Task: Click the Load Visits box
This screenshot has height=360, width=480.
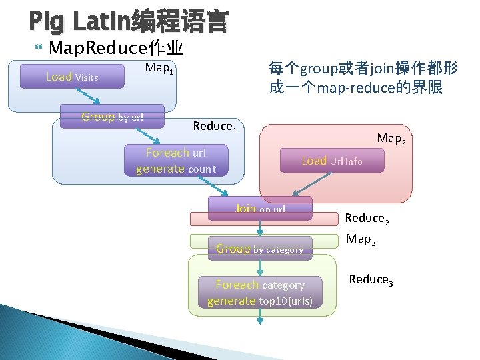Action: click(72, 77)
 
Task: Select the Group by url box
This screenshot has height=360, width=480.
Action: click(112, 117)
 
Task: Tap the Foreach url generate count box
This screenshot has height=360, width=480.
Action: click(176, 161)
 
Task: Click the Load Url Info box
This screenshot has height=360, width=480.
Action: click(332, 161)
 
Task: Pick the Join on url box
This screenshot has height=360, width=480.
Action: click(260, 208)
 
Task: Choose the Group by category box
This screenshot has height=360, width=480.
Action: click(260, 249)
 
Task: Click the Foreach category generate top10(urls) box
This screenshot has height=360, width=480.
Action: click(260, 293)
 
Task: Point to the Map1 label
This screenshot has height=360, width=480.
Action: click(160, 68)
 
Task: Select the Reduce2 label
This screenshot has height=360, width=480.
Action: click(367, 218)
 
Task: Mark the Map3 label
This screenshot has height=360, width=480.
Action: click(361, 239)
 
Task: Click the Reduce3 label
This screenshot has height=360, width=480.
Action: click(371, 279)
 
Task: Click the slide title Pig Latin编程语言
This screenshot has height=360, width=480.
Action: click(129, 22)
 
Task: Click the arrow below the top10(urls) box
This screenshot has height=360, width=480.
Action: click(260, 317)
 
